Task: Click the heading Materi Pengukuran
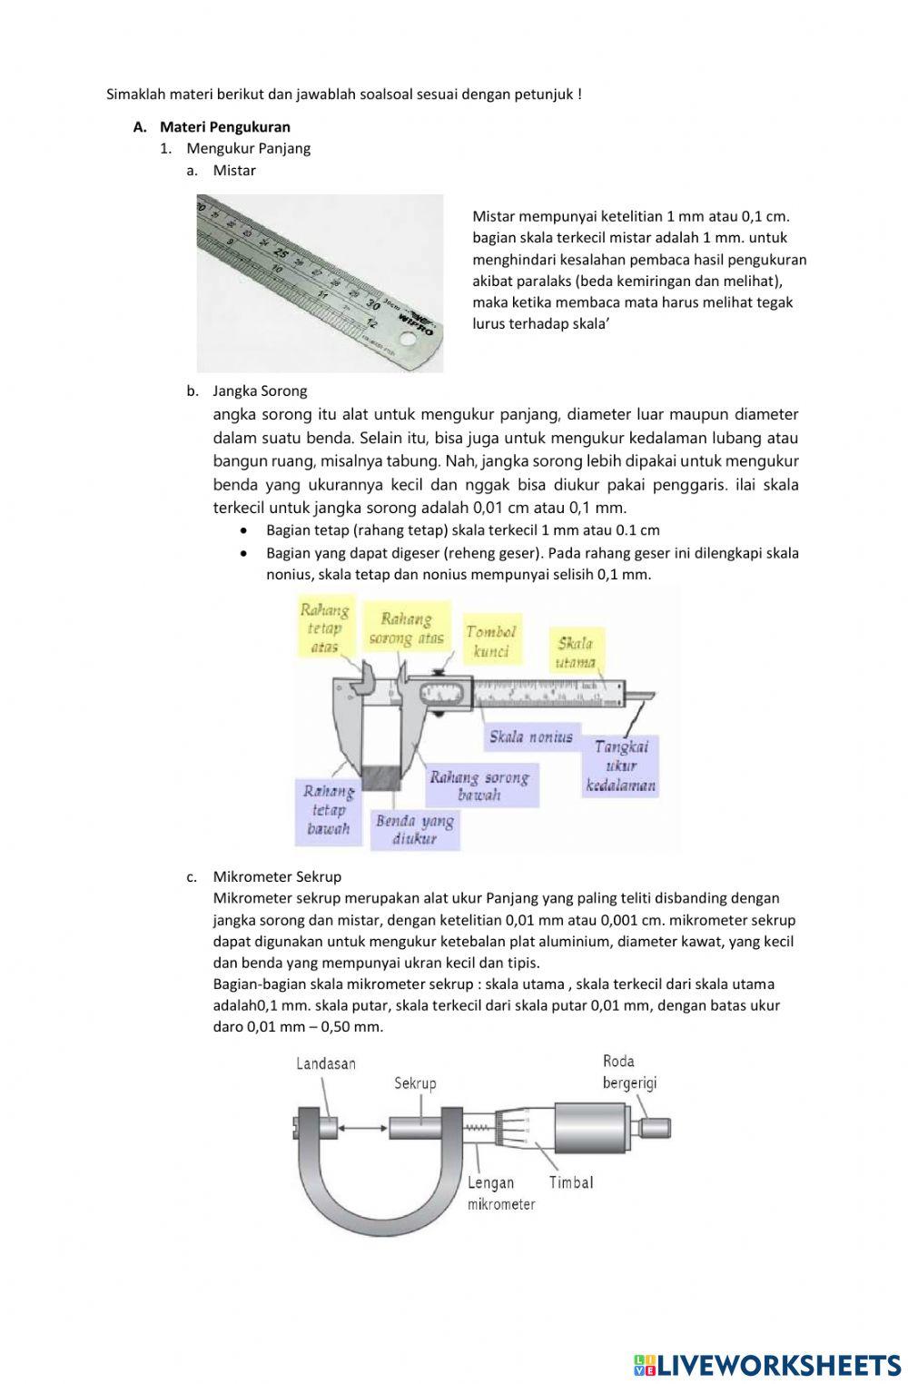[x=225, y=126]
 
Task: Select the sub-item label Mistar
[x=234, y=170]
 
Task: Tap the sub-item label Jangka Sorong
[x=260, y=390]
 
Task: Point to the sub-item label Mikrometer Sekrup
[x=277, y=876]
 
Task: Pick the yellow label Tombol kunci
[x=491, y=641]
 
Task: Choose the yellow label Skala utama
[x=576, y=652]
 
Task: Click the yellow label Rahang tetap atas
[x=324, y=628]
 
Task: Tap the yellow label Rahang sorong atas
[x=406, y=628]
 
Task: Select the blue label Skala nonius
[x=531, y=736]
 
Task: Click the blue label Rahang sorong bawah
[x=479, y=786]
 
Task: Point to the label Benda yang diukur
[x=415, y=830]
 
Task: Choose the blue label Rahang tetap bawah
[x=328, y=810]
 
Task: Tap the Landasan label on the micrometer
[x=326, y=1063]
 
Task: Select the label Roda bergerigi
[x=629, y=1072]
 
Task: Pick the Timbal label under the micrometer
[x=571, y=1182]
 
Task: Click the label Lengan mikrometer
[x=500, y=1193]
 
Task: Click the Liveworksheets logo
[x=767, y=1364]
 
